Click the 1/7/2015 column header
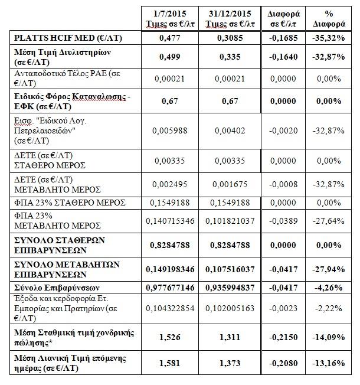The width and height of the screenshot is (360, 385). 170,18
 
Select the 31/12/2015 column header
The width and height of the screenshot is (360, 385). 230,18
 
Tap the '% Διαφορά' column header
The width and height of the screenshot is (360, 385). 329,18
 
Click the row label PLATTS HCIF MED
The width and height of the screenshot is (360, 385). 68,38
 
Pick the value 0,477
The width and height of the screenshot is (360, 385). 170,38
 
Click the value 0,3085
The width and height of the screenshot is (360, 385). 230,38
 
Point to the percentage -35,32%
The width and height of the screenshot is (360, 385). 329,38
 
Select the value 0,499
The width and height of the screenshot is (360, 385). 170,57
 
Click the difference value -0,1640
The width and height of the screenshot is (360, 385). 283,57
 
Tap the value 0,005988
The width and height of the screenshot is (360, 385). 170,130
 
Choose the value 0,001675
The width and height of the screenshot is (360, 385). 230,184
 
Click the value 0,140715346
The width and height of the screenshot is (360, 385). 170,221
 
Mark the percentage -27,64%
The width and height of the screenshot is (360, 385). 329,221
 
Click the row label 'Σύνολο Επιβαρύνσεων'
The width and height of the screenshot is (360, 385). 57,288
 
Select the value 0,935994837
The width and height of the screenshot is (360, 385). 230,288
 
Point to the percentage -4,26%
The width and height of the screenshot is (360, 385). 329,288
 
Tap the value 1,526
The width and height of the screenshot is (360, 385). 170,337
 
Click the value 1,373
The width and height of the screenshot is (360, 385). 230,363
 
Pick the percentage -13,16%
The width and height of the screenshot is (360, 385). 329,363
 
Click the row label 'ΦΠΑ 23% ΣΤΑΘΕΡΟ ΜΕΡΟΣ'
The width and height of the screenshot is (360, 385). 70,203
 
